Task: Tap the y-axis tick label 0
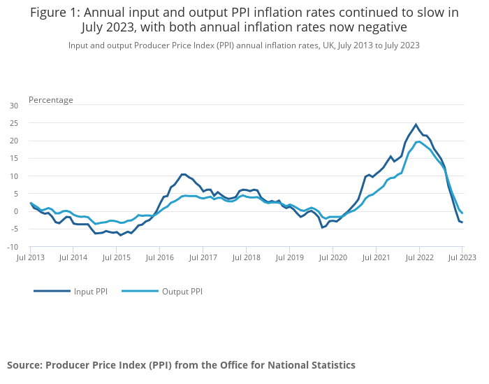[x=16, y=211]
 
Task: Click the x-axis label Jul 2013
[x=30, y=258]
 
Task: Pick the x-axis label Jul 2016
[x=159, y=258]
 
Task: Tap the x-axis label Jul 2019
[x=289, y=258]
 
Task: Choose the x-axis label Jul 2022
[x=419, y=258]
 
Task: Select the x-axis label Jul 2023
[x=462, y=258]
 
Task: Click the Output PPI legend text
[x=182, y=292]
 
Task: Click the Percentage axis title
[x=51, y=100]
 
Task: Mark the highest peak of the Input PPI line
[x=416, y=125]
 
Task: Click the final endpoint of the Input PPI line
[x=462, y=222]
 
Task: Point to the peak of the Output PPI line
[x=419, y=141]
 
